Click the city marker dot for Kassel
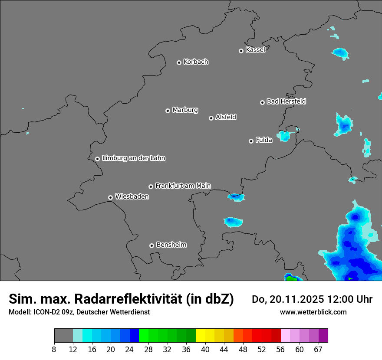(241, 51)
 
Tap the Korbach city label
(196, 62)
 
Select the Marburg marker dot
(168, 111)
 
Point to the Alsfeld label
(226, 117)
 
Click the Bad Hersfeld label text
(286, 101)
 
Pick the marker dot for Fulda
(251, 141)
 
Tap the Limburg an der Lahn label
(133, 158)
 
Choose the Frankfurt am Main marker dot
(151, 187)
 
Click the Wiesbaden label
(132, 197)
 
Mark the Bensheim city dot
(151, 245)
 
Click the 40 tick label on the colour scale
(205, 349)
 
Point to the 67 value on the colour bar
(318, 349)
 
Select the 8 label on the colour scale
(54, 349)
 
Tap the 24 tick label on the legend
(130, 349)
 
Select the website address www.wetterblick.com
(313, 312)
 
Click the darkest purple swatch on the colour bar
(323, 336)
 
